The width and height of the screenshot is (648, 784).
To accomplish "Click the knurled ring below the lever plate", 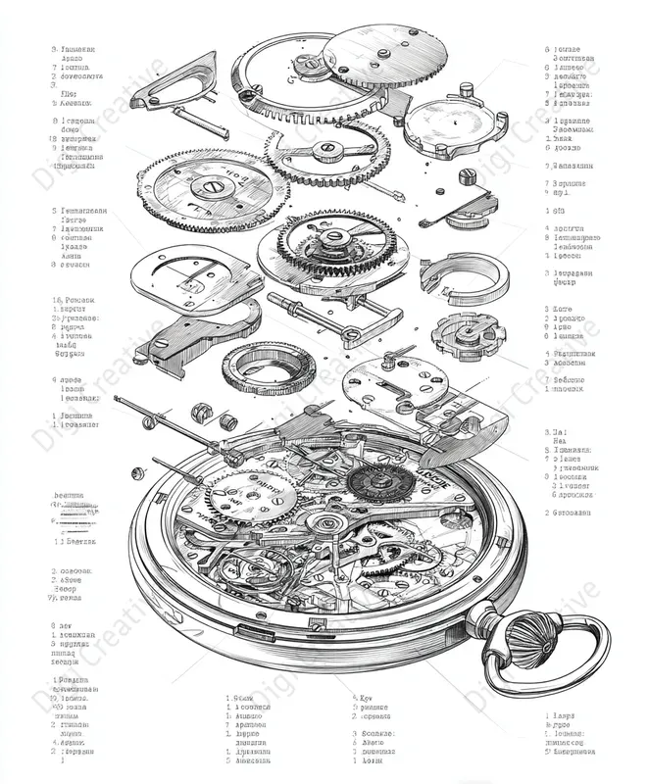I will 268,368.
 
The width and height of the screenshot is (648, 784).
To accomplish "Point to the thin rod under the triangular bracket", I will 201,122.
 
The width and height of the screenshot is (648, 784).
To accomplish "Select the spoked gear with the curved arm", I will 324,151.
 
